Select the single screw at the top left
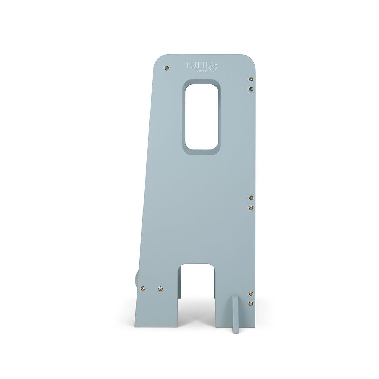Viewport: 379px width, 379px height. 167,68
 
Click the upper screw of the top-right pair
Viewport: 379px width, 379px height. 251,79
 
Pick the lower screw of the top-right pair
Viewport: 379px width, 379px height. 251,89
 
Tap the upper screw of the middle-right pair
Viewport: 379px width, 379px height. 251,198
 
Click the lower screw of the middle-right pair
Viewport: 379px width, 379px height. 251,208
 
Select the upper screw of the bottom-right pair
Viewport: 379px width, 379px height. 251,294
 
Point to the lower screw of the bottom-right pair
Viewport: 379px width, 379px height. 251,304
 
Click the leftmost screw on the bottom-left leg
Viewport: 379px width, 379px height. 143,288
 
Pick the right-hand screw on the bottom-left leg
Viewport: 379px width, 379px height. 160,288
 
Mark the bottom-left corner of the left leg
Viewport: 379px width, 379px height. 136,326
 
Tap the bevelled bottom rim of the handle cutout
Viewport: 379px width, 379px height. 201,152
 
